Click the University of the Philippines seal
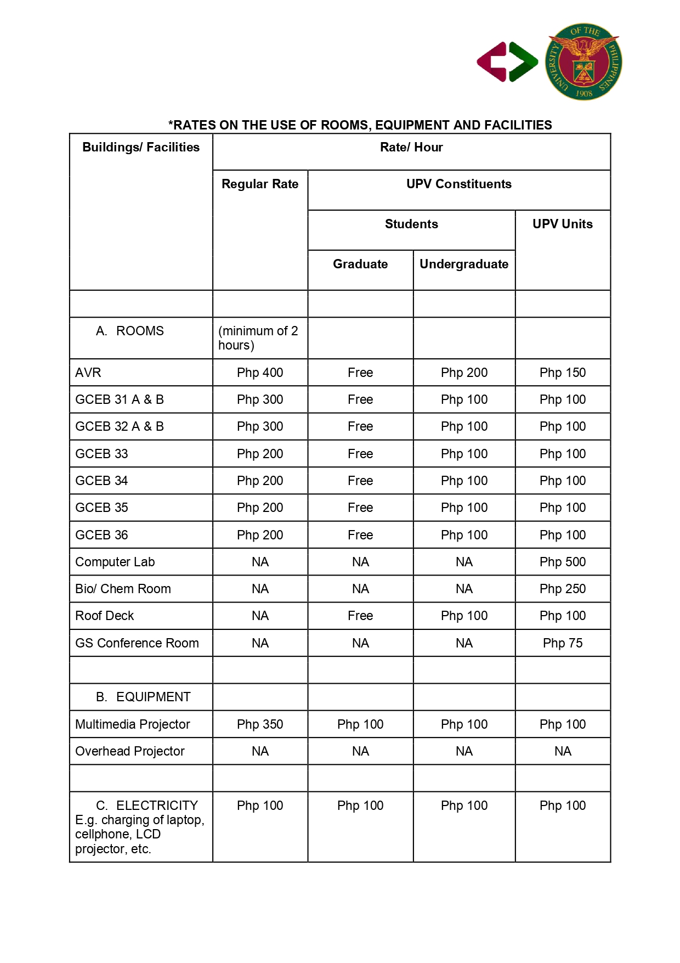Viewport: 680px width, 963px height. pos(583,61)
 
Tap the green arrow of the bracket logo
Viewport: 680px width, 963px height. pos(523,61)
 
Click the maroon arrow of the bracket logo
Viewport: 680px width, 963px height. pos(492,61)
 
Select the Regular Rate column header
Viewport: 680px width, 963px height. pos(260,184)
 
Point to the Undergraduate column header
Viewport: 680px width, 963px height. pos(464,264)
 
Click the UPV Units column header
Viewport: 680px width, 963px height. pos(563,224)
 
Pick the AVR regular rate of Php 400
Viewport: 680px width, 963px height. pos(260,373)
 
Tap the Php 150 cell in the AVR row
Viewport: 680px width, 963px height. pos(563,373)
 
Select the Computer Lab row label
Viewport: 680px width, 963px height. pos(115,562)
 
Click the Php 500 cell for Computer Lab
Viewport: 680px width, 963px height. pos(563,562)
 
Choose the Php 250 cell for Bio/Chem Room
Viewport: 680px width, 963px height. pos(563,589)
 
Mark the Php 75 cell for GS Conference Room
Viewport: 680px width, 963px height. pos(563,644)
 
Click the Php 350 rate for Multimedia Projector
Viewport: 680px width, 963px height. pos(260,725)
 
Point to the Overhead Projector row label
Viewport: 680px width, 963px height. pos(130,752)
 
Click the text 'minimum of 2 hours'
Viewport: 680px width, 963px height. pos(258,339)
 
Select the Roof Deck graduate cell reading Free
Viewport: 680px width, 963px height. pos(360,616)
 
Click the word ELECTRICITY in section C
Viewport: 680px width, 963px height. pos(157,806)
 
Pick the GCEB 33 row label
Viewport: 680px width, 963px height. pos(101,454)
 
